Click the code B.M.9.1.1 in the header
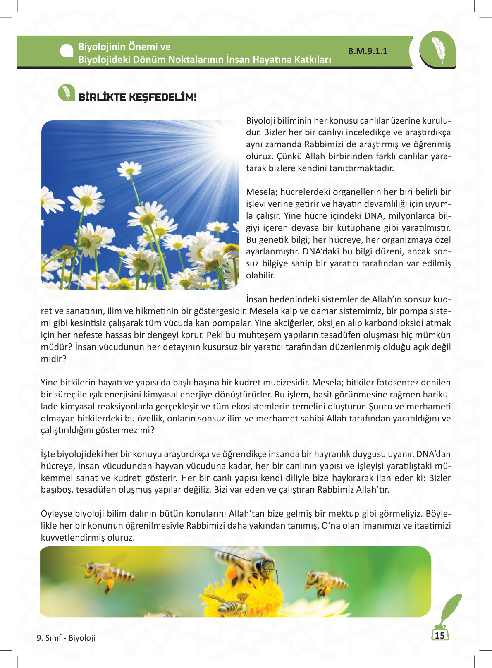coord(368,51)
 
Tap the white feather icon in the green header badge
coord(437,50)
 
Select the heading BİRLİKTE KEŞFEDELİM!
coord(137,97)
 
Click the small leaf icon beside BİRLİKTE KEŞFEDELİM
coord(66,93)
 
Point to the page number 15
coord(440,635)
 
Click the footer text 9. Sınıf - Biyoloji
coord(66,638)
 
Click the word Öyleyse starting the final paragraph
coord(57,514)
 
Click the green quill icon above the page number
coord(450,610)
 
